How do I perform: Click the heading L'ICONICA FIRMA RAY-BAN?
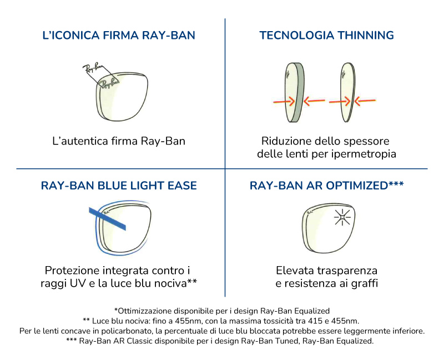119,36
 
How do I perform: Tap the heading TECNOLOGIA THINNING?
326,36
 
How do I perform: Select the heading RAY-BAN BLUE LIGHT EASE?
119,186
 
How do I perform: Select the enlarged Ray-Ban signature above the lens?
92,69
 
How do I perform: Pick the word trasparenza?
348,271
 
